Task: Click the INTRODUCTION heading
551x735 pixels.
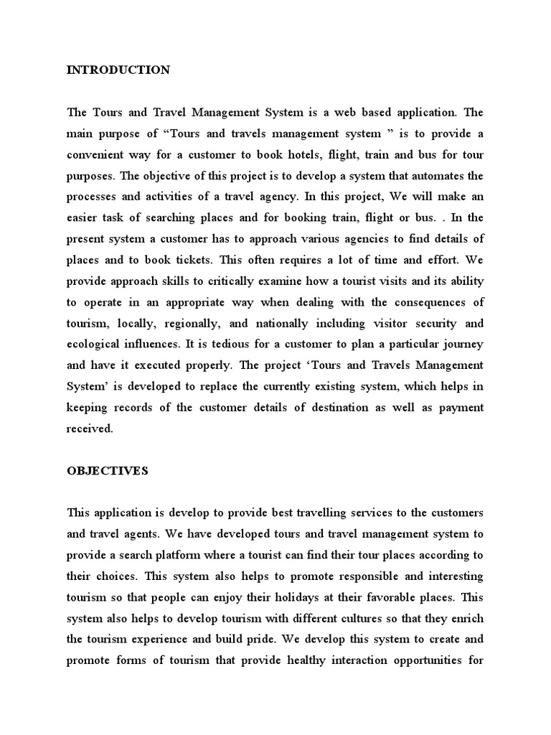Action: (118, 70)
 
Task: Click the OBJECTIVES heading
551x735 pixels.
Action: (107, 471)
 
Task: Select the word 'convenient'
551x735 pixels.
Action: (96, 154)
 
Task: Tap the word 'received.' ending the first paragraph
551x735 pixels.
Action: (90, 429)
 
